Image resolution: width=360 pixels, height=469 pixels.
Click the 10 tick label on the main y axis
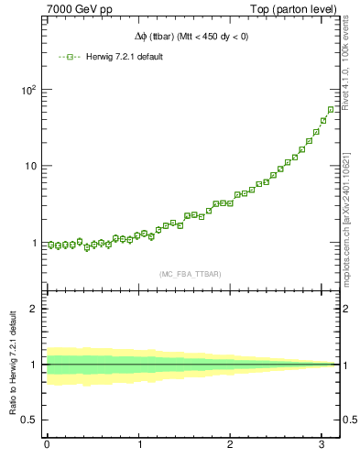31,166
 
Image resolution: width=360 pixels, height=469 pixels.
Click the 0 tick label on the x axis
47,446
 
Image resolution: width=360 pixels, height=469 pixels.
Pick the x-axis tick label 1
140,446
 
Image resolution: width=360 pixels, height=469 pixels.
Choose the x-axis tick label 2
233,446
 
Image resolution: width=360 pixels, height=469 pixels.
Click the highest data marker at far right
330,109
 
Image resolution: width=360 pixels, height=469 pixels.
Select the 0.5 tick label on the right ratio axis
348,420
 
